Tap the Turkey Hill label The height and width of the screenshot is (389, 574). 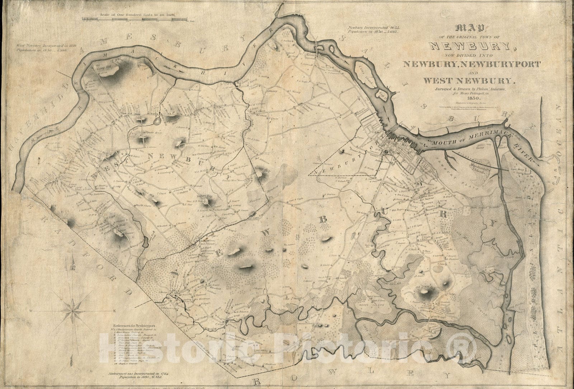click(x=263, y=168)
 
